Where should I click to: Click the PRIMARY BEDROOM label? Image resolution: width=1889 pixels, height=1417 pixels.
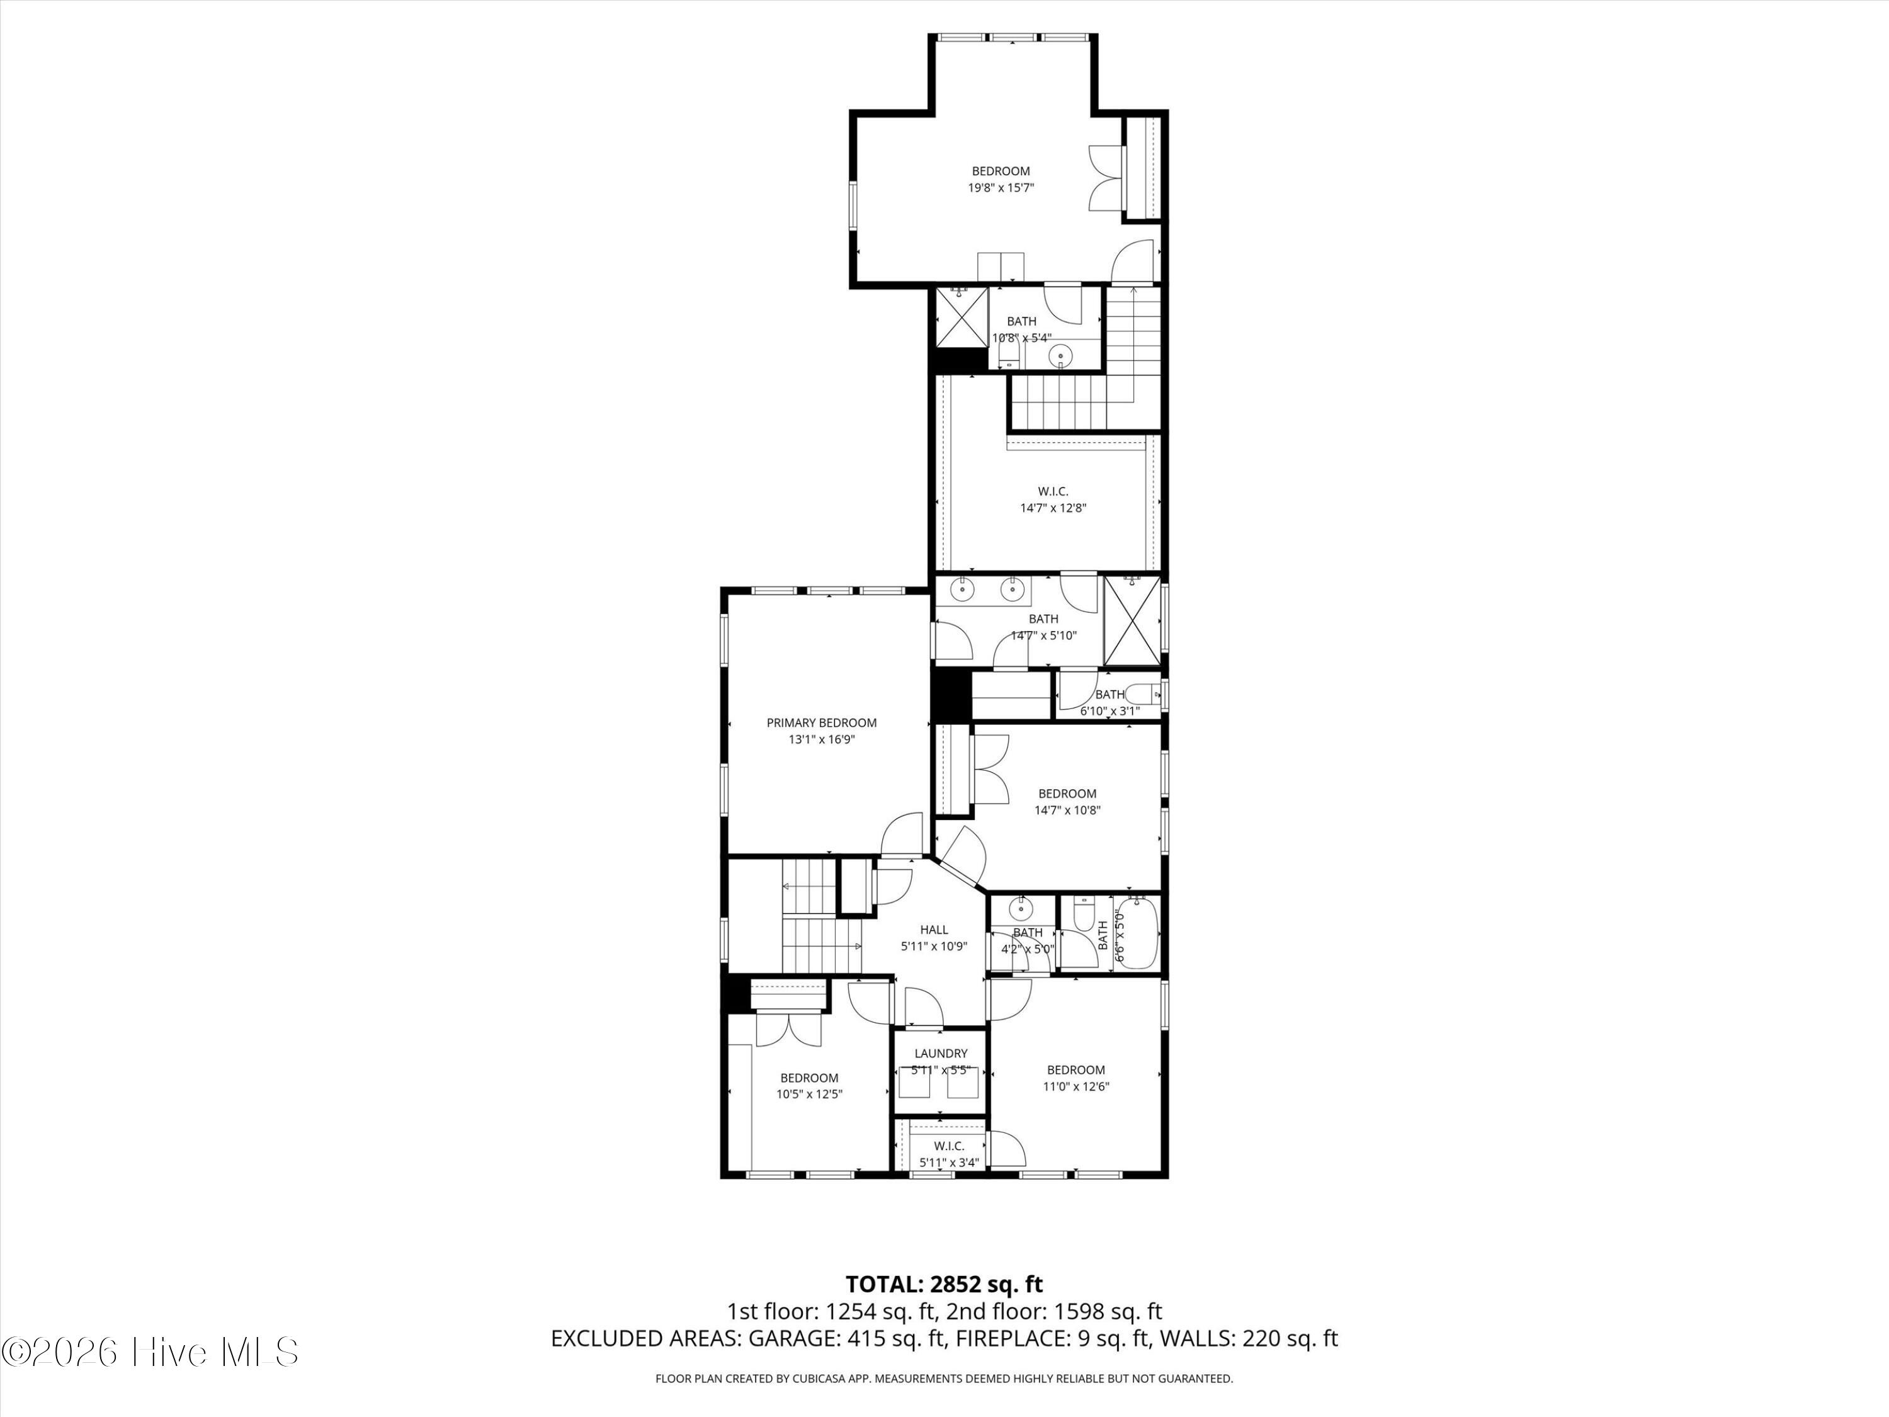820,722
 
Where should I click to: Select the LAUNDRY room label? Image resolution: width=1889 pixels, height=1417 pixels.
940,1053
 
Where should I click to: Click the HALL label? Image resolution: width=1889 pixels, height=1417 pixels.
933,930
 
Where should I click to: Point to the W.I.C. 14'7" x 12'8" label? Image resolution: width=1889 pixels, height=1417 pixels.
1052,499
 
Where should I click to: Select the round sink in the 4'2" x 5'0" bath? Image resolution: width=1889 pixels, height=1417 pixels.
1019,906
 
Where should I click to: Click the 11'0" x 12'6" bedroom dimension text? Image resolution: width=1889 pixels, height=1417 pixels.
1075,1086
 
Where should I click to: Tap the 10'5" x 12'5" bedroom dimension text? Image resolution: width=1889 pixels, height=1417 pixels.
808,1093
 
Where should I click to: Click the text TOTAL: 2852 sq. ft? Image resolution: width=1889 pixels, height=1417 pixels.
944,1283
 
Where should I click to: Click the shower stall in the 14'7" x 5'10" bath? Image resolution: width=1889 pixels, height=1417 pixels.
1132,621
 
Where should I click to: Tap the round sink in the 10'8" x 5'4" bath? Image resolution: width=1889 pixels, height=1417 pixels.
1060,353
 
